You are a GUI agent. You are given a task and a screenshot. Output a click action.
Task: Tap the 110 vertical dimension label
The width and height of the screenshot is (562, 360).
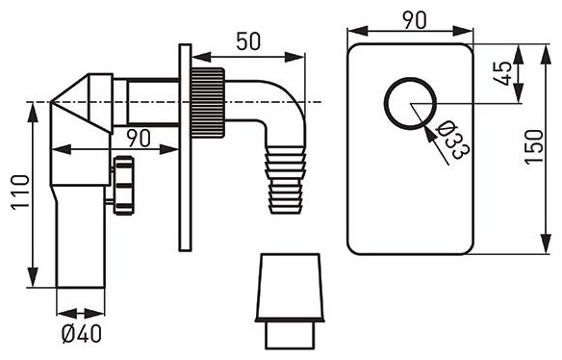point(20,193)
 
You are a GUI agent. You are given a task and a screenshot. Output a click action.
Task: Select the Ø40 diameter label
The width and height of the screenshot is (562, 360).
point(82,335)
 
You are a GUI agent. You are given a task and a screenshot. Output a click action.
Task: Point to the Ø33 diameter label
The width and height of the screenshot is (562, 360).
point(452,140)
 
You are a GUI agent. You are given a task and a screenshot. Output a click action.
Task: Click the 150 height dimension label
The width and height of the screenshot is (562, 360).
point(534,147)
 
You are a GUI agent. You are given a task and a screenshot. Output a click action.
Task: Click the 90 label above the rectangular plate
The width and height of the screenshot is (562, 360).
point(415,20)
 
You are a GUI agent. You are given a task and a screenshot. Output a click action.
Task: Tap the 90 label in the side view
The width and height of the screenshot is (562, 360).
point(139,139)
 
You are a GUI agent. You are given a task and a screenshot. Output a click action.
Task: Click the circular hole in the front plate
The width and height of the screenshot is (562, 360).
point(410,78)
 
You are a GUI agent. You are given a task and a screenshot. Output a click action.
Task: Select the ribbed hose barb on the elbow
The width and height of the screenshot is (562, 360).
point(286,180)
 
